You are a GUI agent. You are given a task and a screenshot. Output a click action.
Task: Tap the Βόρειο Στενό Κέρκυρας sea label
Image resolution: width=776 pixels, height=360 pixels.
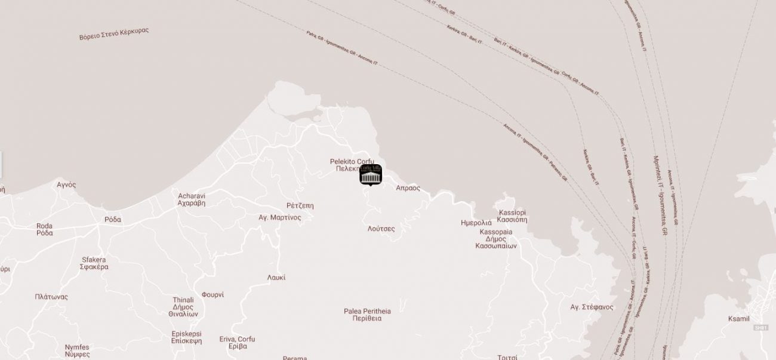[114, 33]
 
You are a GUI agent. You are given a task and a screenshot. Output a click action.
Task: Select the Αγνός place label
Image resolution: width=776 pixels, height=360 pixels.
[66, 184]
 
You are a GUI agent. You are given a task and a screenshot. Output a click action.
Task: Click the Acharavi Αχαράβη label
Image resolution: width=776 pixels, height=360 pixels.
[192, 199]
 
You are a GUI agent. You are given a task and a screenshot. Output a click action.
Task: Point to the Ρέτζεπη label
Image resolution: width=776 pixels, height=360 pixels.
[300, 205]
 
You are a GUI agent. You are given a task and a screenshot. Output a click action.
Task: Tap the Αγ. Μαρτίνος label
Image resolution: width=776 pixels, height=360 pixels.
[280, 217]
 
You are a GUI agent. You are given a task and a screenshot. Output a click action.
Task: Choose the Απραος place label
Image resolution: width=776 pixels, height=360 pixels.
[408, 188]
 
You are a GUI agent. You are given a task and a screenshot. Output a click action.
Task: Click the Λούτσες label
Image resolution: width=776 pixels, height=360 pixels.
[381, 229]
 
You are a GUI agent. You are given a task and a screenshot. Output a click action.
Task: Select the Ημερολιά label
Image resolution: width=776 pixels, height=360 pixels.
[476, 222]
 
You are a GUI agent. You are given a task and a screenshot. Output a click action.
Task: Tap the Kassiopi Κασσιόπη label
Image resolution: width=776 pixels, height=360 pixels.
[512, 216]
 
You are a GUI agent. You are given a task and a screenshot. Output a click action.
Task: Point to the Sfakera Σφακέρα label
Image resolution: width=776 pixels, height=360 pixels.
[94, 263]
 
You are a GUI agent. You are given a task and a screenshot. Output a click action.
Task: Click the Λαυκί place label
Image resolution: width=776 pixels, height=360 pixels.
[276, 278]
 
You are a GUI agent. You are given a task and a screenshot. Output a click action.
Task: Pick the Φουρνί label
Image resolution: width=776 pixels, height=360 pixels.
[213, 294]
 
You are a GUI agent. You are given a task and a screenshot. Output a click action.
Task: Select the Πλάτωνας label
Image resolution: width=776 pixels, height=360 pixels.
[51, 297]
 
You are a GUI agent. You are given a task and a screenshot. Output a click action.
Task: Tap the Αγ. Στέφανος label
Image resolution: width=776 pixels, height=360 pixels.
[592, 307]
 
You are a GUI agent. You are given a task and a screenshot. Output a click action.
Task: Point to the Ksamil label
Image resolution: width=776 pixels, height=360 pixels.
[738, 319]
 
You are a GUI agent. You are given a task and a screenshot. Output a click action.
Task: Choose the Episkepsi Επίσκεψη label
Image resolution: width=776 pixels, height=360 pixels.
[186, 337]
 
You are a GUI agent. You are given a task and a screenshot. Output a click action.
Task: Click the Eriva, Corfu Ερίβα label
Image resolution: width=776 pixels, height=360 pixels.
[237, 343]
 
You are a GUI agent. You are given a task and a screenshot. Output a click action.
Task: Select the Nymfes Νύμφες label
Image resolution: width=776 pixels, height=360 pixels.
[77, 350]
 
